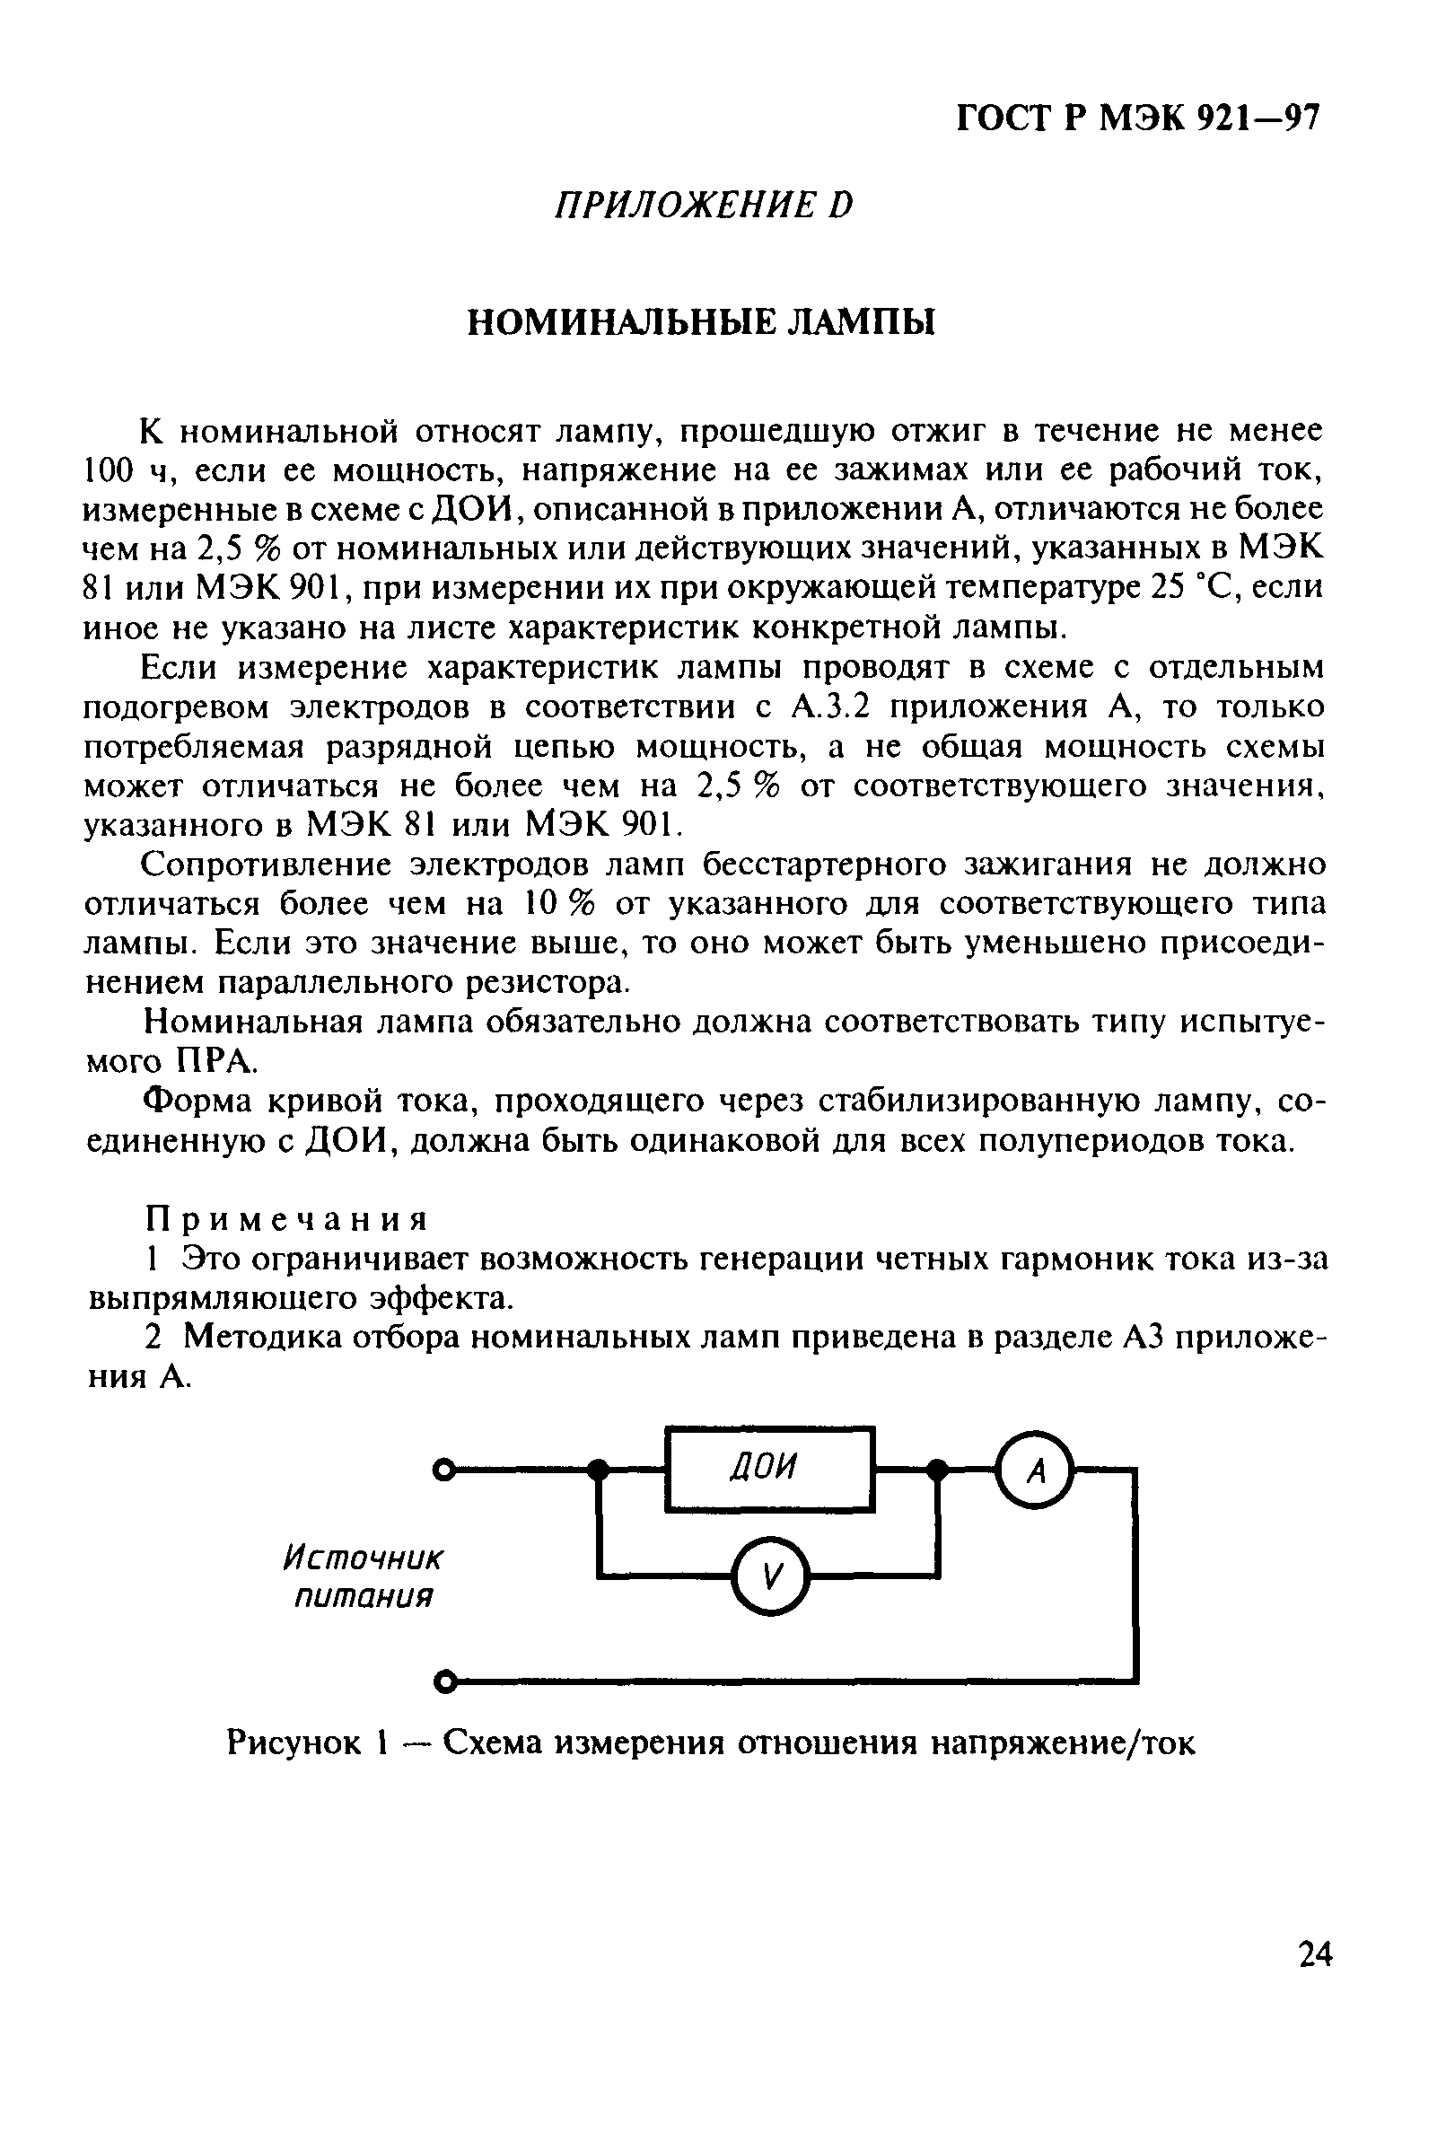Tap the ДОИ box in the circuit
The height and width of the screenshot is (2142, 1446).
(x=768, y=1468)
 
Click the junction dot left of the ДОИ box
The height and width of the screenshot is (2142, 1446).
(x=599, y=1470)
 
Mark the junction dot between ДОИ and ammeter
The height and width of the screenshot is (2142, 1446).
(x=937, y=1470)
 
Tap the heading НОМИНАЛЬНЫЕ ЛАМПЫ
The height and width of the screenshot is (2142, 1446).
(x=700, y=322)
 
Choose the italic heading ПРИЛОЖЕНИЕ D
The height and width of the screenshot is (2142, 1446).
(x=704, y=205)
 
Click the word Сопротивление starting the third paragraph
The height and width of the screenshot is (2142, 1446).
(x=267, y=865)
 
